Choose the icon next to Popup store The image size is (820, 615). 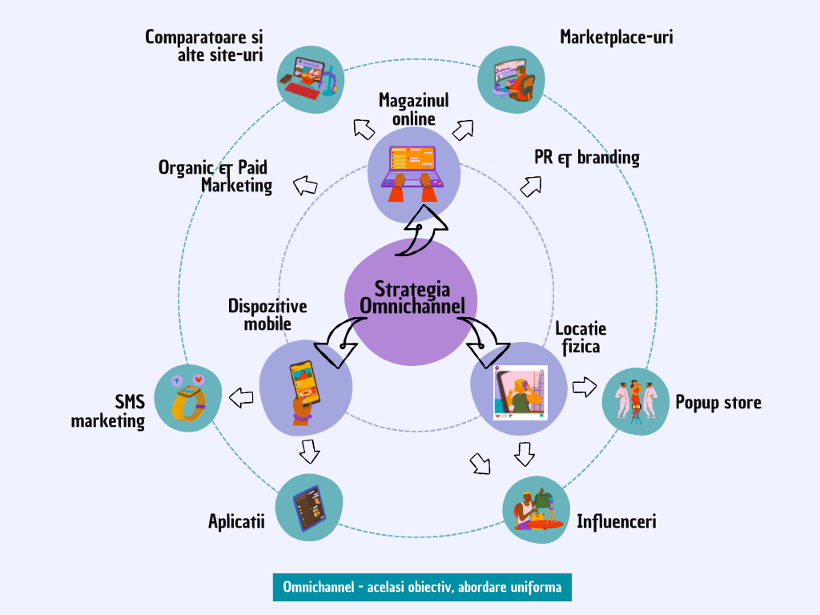tap(635, 400)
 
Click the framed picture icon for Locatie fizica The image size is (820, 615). tap(520, 392)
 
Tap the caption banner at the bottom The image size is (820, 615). tap(422, 587)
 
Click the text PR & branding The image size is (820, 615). tap(587, 157)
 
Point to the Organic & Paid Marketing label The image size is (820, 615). tap(215, 175)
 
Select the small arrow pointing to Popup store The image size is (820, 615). tap(585, 388)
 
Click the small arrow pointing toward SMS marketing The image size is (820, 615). tap(241, 396)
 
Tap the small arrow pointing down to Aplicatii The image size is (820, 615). tap(309, 452)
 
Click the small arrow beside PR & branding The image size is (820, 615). tap(530, 187)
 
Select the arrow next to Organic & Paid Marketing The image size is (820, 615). tap(304, 186)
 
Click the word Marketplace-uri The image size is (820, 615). tap(616, 37)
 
